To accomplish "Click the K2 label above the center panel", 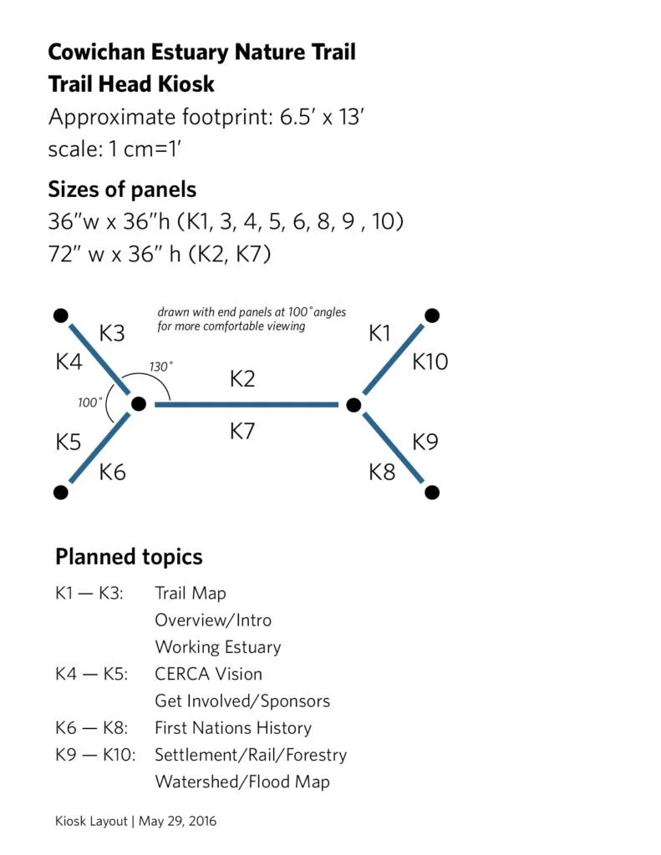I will (242, 379).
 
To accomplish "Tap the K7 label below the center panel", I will (242, 432).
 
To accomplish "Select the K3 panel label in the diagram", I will (112, 334).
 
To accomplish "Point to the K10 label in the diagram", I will (430, 362).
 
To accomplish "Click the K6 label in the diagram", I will (112, 472).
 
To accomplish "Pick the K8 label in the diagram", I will (382, 472).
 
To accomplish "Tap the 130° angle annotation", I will (161, 367).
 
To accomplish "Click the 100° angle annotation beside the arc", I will (89, 402).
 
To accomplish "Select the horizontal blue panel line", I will (246, 405).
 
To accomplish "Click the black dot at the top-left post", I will (60, 316).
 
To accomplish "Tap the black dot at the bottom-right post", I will (431, 492).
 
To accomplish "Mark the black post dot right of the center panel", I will (353, 405).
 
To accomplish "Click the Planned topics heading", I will (129, 557).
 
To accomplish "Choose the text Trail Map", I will (191, 594).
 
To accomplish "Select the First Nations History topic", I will (233, 728).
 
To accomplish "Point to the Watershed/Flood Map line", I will (242, 782).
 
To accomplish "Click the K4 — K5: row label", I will (90, 674).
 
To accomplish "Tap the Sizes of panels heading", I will (122, 189).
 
